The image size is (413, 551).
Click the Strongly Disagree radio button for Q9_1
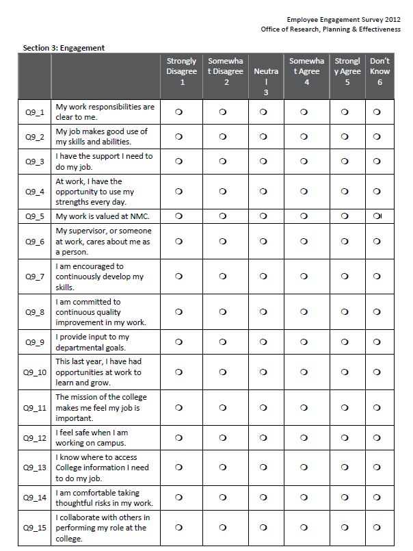pos(178,112)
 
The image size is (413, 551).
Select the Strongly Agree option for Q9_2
pos(345,136)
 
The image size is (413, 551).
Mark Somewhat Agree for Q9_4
pos(305,192)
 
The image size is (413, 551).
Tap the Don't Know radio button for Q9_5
pos(377,216)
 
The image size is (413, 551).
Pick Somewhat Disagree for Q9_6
pos(223,241)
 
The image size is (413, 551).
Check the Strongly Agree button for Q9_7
pos(345,277)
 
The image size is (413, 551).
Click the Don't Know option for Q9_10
pos(377,372)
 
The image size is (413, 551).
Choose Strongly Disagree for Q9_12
pos(178,437)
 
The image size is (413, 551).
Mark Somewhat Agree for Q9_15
pos(305,527)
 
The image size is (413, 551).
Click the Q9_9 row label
pos(35,342)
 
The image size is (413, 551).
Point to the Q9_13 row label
pos(35,467)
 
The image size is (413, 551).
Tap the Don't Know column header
pos(379,71)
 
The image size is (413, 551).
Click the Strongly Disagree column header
pos(181,71)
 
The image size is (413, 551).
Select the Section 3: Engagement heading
pos(64,48)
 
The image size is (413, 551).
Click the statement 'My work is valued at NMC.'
pos(103,216)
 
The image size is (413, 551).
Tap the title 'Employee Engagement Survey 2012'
pos(343,21)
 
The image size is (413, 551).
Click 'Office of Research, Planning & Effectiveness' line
pos(330,29)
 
